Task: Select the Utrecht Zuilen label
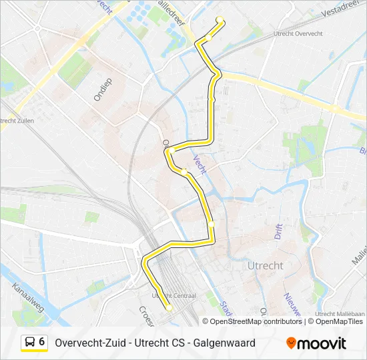point(17,120)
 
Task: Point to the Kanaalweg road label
point(27,298)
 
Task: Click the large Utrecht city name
point(265,265)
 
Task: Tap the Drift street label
point(278,231)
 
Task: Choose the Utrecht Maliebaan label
point(340,313)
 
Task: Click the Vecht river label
point(200,164)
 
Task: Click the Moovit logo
point(316,343)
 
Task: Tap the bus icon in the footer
point(30,343)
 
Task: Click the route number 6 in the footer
point(42,342)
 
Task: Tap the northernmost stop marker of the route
point(220,19)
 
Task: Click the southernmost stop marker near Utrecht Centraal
point(169,307)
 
